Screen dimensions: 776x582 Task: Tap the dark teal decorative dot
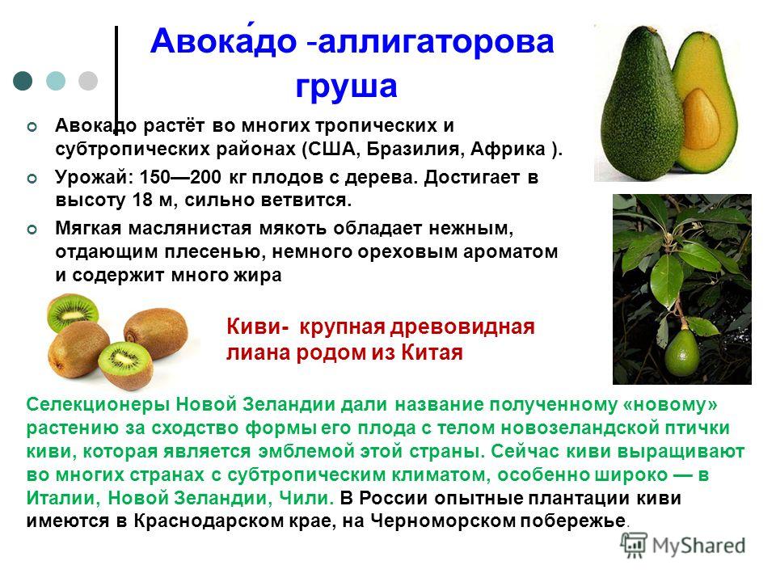(x=23, y=81)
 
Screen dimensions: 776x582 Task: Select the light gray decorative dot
(x=88, y=81)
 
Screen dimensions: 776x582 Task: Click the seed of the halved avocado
(x=702, y=117)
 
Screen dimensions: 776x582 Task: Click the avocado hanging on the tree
(x=682, y=352)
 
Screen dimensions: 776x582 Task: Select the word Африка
(x=508, y=149)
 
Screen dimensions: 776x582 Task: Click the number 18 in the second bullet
(x=143, y=200)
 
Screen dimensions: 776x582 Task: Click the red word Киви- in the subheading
(x=258, y=327)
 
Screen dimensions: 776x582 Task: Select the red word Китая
(x=432, y=353)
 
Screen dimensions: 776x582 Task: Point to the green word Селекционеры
(x=98, y=405)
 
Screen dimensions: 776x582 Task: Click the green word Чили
(x=307, y=498)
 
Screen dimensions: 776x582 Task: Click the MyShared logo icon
(x=634, y=546)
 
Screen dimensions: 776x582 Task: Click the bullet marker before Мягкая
(x=32, y=230)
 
